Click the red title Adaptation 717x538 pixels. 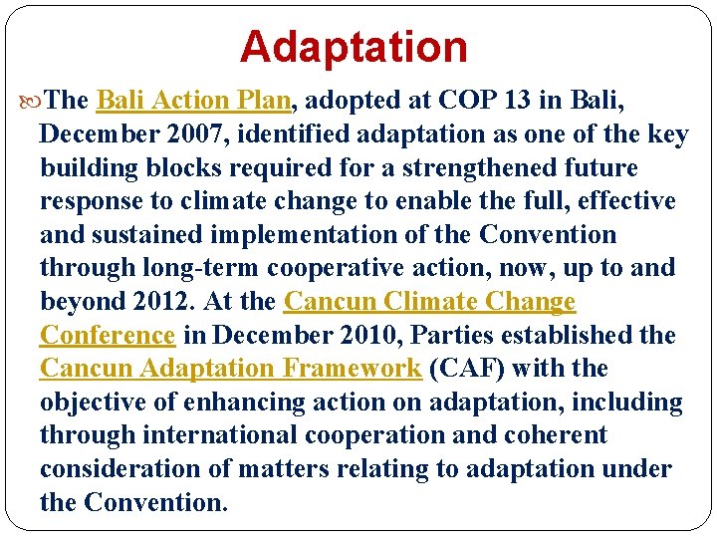click(x=353, y=47)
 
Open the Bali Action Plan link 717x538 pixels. click(x=193, y=101)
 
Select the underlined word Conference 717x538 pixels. click(x=107, y=336)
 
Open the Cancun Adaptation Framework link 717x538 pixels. click(x=230, y=369)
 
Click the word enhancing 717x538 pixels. click(x=282, y=403)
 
